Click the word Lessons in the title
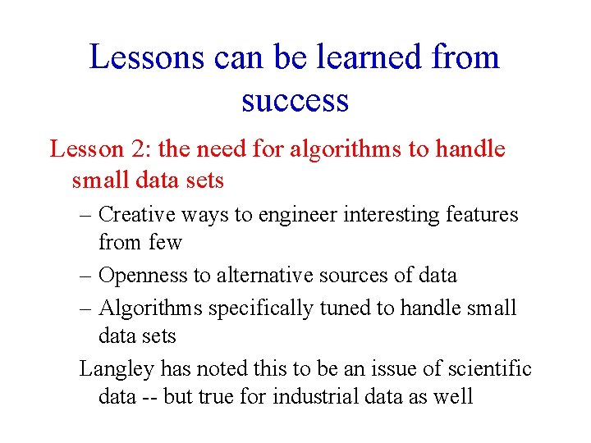[x=145, y=58]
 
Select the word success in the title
[x=295, y=100]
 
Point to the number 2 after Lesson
[x=136, y=149]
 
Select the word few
[x=166, y=243]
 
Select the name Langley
[x=117, y=369]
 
